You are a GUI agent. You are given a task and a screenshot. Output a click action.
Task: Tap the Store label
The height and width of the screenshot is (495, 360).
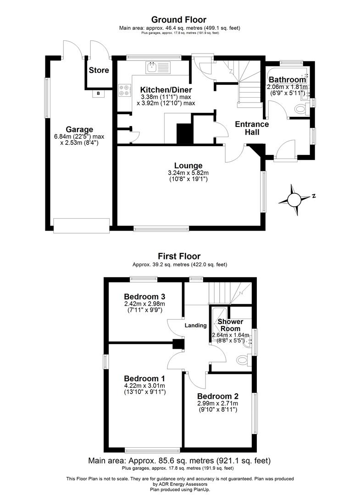[99, 70]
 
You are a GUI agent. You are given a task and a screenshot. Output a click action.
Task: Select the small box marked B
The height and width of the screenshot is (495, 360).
[98, 93]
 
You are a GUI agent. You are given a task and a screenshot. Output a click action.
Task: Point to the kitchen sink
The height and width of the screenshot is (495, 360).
[151, 68]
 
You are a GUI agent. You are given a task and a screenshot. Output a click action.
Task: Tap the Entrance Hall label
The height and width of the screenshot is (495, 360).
[252, 128]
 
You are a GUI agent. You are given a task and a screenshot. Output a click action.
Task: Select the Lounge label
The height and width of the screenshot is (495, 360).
[188, 165]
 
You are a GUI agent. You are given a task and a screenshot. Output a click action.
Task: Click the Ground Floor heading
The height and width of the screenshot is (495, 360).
[179, 20]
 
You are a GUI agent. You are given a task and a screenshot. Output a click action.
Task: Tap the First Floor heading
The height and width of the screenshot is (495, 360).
[179, 256]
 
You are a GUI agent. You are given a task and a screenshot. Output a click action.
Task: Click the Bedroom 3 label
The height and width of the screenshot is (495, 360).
[144, 296]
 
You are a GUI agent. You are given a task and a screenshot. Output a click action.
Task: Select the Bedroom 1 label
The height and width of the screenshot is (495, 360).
[144, 379]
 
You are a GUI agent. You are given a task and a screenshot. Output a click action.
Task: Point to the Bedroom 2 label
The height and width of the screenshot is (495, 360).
[217, 396]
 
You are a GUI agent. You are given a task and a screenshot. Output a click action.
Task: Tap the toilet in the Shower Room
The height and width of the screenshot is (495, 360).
[242, 359]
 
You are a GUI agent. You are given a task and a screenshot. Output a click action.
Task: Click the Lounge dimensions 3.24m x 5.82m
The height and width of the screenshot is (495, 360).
[188, 173]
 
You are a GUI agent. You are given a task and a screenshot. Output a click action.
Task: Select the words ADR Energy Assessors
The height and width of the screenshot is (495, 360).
[180, 484]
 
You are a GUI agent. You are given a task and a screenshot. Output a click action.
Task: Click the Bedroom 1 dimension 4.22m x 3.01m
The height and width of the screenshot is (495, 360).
[144, 386]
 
